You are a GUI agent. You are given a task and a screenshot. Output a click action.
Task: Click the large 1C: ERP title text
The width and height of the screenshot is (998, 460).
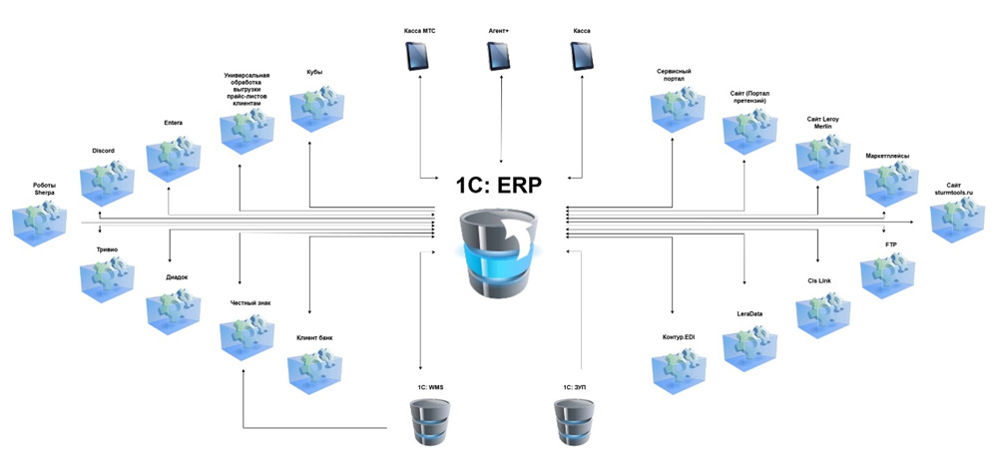[498, 187]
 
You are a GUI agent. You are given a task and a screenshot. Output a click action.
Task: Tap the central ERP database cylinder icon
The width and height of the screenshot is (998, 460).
[498, 253]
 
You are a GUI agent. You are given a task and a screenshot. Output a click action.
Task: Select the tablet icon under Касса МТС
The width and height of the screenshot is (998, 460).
[417, 56]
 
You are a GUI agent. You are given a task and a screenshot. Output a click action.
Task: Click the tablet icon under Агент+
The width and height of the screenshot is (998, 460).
[498, 56]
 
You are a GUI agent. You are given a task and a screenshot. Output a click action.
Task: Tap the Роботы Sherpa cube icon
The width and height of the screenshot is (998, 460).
[40, 223]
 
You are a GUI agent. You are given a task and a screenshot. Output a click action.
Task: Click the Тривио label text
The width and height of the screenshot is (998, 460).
[107, 249]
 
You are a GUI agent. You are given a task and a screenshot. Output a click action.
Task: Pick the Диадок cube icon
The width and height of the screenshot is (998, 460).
[174, 311]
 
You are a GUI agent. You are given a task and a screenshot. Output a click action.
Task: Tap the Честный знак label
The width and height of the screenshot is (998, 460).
[250, 303]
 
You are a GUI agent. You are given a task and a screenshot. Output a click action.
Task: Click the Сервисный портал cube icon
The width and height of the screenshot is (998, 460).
[679, 110]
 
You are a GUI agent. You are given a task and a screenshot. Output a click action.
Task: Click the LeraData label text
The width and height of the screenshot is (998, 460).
[749, 313]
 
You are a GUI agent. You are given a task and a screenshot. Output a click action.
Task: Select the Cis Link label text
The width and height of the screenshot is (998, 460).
[819, 280]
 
